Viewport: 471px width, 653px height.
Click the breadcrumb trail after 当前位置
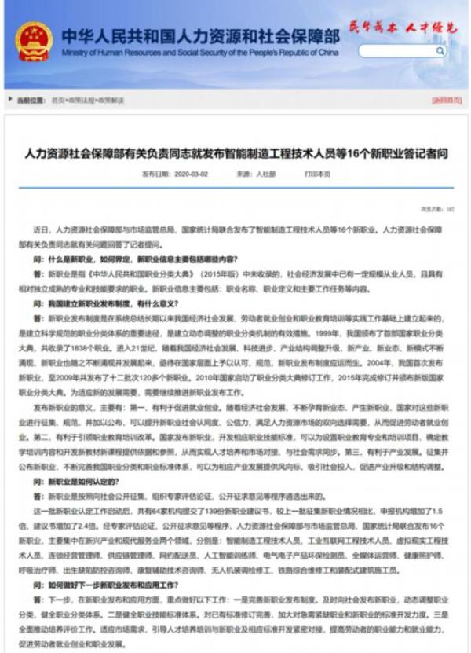click(x=88, y=101)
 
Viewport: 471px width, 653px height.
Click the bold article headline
click(x=235, y=154)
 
